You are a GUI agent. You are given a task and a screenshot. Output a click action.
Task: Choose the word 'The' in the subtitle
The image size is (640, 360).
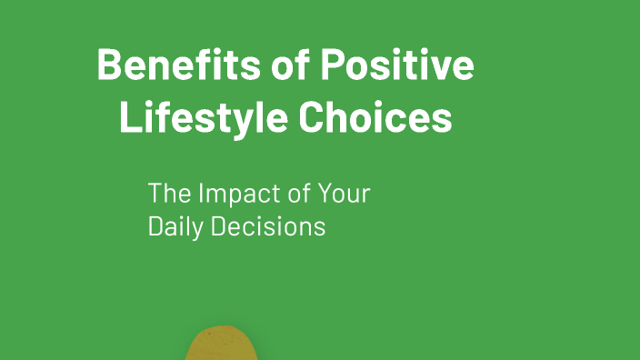167,194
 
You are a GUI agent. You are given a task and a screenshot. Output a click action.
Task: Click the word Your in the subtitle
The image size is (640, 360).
346,194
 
